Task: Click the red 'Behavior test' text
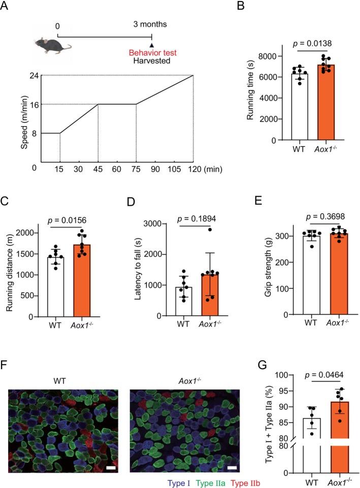tap(151, 52)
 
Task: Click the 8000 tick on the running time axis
tap(273, 56)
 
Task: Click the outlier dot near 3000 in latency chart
tap(195, 230)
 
